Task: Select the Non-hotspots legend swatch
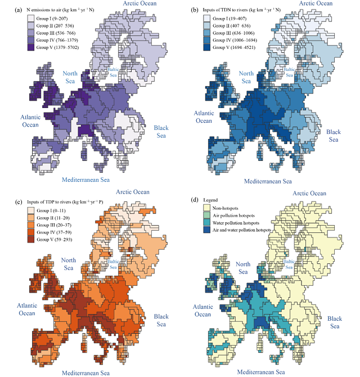tap(206, 208)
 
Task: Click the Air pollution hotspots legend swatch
tap(206, 216)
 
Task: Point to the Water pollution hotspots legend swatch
tap(206, 223)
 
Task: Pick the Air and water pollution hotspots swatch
tap(206, 230)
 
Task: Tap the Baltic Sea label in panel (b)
tap(291, 73)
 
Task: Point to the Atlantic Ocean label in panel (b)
tap(204, 117)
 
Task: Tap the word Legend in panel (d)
tap(210, 200)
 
